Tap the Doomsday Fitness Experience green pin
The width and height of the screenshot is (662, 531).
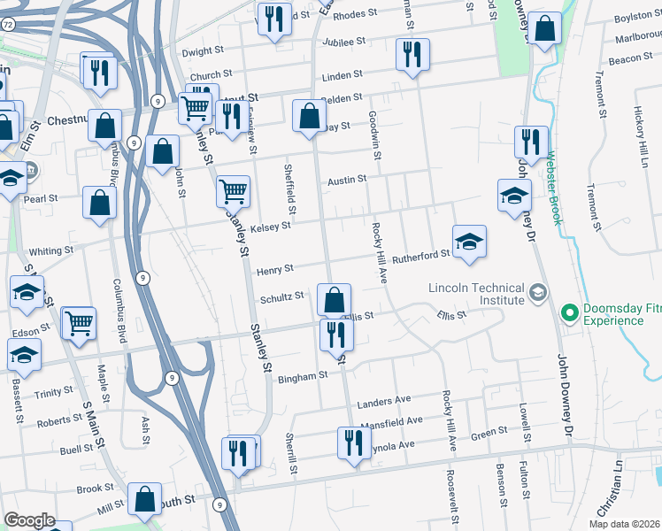pyautogui.click(x=570, y=313)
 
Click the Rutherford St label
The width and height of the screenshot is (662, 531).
pyautogui.click(x=421, y=255)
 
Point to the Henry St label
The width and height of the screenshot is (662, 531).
pyautogui.click(x=274, y=270)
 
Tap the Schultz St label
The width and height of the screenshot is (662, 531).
pyautogui.click(x=281, y=297)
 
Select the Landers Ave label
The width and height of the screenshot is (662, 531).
pyautogui.click(x=384, y=402)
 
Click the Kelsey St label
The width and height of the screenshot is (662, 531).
pyautogui.click(x=270, y=227)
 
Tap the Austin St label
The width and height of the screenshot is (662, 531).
pyautogui.click(x=347, y=180)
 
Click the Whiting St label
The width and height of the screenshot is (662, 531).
pyautogui.click(x=50, y=251)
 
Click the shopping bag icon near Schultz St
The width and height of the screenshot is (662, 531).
pyautogui.click(x=334, y=299)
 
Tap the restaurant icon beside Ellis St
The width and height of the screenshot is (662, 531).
pyautogui.click(x=335, y=334)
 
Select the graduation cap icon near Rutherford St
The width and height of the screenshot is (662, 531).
pyautogui.click(x=469, y=241)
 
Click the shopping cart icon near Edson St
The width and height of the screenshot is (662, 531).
pyautogui.click(x=80, y=322)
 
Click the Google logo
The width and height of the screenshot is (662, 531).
pyautogui.click(x=30, y=520)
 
